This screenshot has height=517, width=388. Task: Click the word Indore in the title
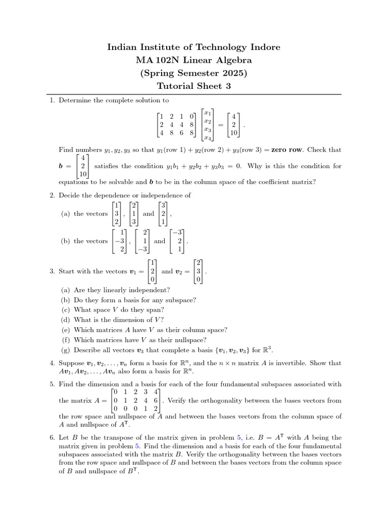pos(262,47)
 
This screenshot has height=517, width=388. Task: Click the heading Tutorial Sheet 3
pos(193,86)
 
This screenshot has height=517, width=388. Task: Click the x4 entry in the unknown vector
pos(207,137)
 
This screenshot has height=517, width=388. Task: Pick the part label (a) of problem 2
pos(65,214)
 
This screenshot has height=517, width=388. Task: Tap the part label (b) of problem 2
pos(65,241)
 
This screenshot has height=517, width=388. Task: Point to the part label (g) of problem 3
pos(65,349)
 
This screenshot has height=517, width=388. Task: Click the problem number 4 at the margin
pos(52,363)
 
